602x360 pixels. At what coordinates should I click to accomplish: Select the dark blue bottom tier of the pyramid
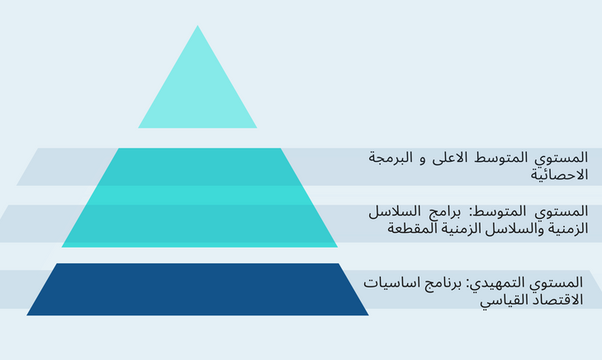click(x=197, y=289)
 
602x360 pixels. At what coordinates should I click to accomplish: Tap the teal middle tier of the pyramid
click(x=200, y=197)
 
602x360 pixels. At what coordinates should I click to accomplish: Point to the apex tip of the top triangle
click(x=197, y=26)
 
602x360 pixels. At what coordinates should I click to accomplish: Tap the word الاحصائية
click(x=559, y=174)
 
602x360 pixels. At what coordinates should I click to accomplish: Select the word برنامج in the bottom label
click(x=441, y=284)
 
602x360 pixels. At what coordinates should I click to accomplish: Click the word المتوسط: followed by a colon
click(x=496, y=211)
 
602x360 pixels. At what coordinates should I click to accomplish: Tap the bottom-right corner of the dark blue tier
click(x=368, y=315)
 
